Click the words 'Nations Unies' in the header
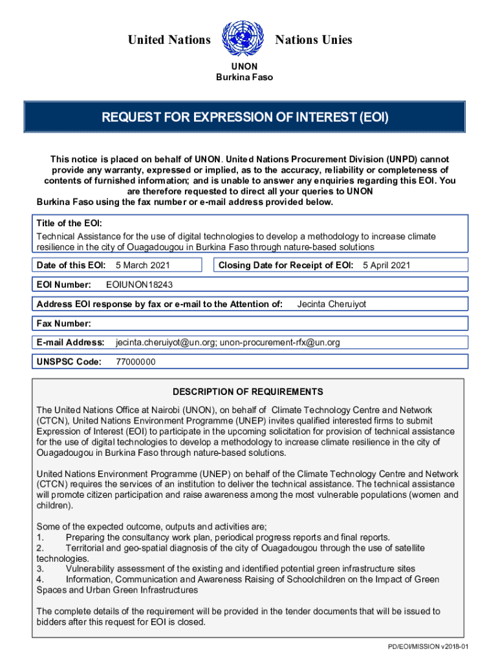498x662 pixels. tap(314, 40)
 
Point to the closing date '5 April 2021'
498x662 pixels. tap(386, 265)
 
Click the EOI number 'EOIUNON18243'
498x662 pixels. tap(139, 284)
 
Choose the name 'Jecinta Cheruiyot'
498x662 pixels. tap(331, 304)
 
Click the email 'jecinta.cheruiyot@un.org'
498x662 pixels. tap(165, 342)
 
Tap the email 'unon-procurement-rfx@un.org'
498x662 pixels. tap(279, 342)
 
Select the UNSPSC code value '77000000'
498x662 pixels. tap(135, 362)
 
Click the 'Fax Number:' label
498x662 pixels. tap(63, 323)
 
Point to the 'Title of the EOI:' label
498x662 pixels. tap(68, 223)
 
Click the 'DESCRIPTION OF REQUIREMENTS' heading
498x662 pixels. tap(248, 392)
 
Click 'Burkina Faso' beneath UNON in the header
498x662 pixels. tap(244, 78)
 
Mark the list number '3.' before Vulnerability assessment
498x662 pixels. tap(40, 568)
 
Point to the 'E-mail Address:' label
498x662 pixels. tap(70, 342)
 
